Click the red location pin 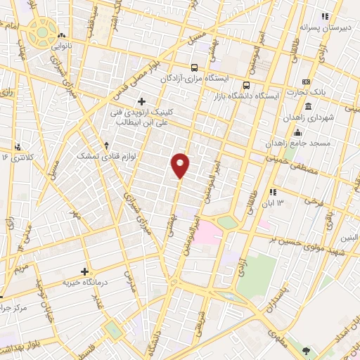[x=181, y=165]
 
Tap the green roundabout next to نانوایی [x=44, y=31]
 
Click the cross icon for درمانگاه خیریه [x=85, y=271]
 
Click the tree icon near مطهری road [x=307, y=349]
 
